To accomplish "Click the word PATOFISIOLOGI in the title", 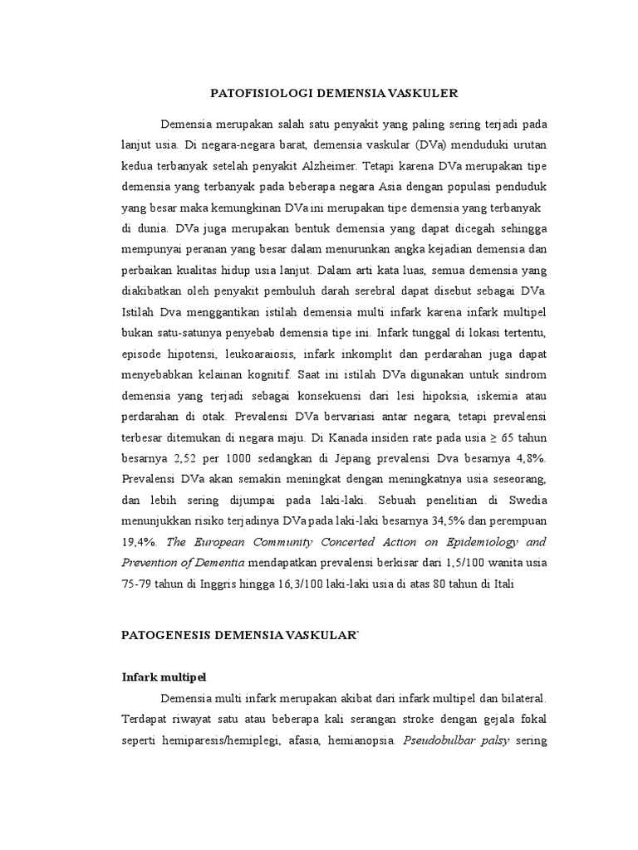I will point(251,94).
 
